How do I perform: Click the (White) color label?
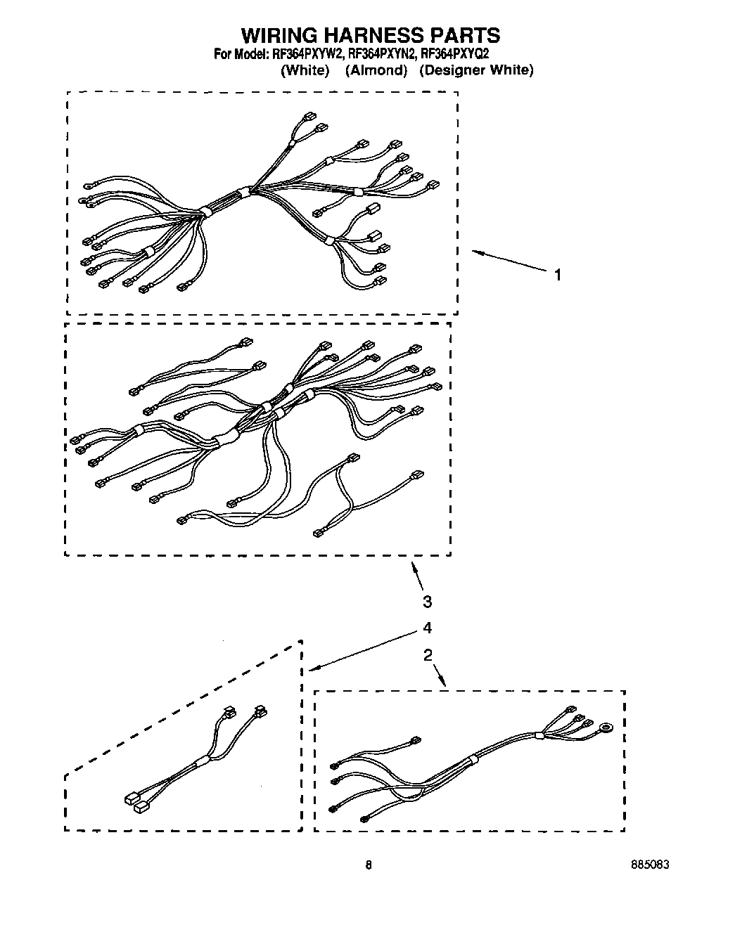point(305,70)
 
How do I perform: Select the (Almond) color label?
point(376,70)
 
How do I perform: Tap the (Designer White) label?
point(476,70)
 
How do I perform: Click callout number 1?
point(558,275)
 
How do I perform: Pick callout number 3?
point(427,602)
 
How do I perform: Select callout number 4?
point(427,628)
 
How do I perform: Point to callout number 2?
point(427,655)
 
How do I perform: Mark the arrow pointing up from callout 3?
point(417,575)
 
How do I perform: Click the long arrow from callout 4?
point(366,650)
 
